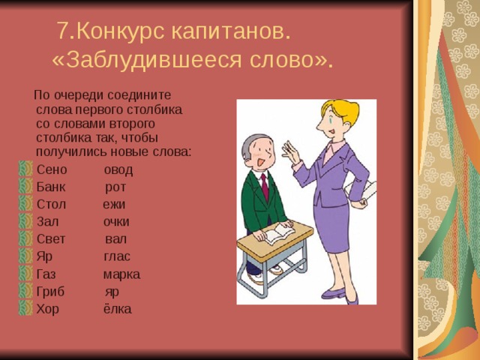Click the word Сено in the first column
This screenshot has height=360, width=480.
click(x=52, y=169)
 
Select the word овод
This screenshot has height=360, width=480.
click(x=118, y=169)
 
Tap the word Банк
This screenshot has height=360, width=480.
click(x=52, y=187)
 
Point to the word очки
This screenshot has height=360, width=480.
click(x=116, y=222)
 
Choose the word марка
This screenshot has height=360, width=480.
click(x=121, y=274)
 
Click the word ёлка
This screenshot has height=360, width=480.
click(x=117, y=309)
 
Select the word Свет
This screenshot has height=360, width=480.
click(x=51, y=239)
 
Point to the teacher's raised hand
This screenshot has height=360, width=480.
click(x=289, y=153)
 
